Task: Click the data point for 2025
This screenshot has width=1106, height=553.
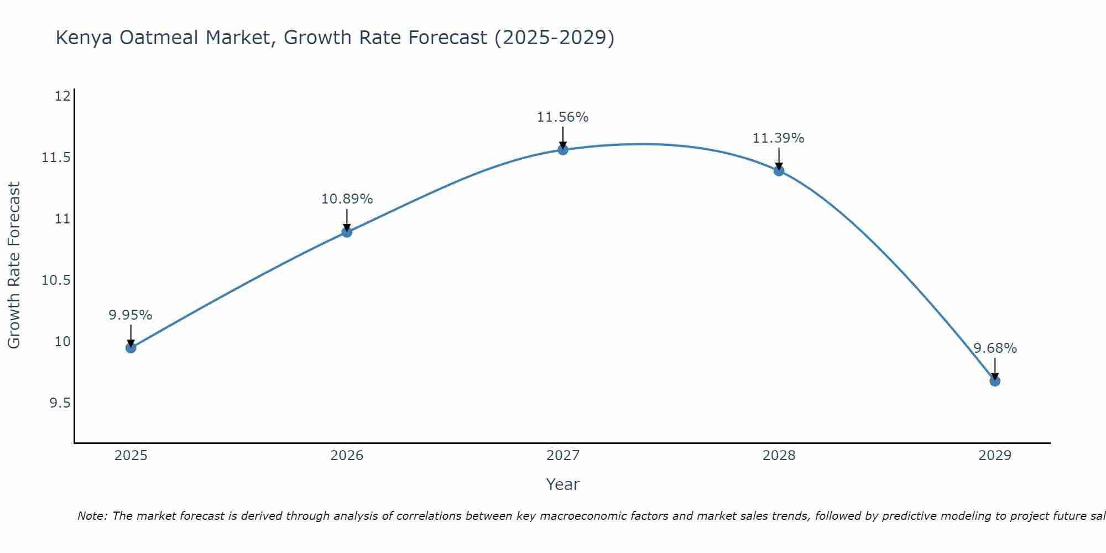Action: point(131,348)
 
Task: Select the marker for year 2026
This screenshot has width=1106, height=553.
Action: point(347,232)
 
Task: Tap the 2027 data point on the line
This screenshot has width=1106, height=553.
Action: point(563,149)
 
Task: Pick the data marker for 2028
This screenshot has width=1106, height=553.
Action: point(779,170)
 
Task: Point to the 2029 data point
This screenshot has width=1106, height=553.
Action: point(995,381)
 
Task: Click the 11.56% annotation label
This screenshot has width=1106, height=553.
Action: point(563,117)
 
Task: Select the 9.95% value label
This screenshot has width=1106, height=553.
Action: point(131,315)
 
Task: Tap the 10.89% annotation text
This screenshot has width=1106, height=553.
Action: point(347,199)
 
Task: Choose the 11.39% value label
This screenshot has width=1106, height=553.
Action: point(779,138)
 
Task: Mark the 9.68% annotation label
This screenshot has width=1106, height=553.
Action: point(995,348)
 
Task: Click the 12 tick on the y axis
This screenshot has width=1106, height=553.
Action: point(63,96)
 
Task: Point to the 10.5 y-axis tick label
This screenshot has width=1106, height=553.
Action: point(56,280)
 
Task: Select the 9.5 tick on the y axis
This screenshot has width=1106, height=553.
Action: point(60,403)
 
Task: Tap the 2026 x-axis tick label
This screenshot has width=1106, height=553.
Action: point(347,456)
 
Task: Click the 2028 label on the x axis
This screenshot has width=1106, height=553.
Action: point(779,456)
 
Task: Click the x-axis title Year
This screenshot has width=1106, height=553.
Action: point(563,484)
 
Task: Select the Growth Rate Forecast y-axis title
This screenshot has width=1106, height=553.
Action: point(14,265)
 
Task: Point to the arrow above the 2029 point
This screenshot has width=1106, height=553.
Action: point(995,368)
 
